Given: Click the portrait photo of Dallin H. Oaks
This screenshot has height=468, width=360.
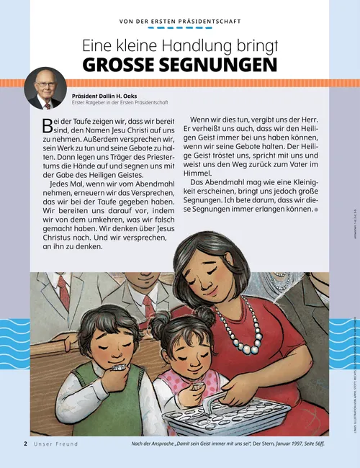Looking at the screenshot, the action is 45,89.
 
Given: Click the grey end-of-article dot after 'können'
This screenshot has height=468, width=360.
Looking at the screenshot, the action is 315,210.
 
